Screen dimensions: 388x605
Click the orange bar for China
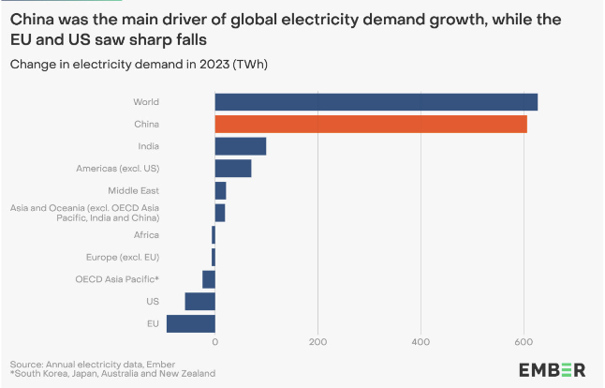pos(370,124)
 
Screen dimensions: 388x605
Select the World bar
pos(376,101)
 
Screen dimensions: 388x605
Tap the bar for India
pos(241,146)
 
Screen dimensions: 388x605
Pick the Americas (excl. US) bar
pos(233,169)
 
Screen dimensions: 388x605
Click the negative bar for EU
pos(191,324)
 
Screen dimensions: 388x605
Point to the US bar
pos(200,302)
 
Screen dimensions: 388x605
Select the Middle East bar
pos(221,190)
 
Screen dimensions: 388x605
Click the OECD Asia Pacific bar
pos(209,279)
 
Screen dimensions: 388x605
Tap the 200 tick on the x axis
pos(318,342)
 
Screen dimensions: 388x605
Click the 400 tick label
pos(421,342)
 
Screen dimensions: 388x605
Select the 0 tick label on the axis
pos(215,342)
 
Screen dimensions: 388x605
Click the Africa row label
pos(146,234)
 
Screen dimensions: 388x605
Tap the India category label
pos(148,146)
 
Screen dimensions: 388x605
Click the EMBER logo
pos(552,368)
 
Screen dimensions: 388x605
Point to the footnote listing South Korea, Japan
pos(112,374)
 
